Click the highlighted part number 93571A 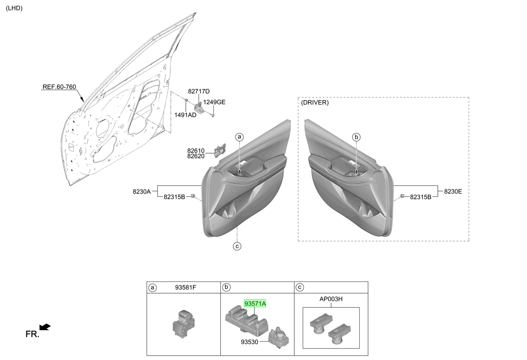pos(255,303)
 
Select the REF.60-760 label pos(59,87)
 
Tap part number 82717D pos(199,91)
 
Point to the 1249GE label pos(214,102)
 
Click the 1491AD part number pos(185,115)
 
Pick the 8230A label pos(141,192)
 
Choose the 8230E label pos(453,191)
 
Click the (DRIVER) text pos(315,103)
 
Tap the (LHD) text pos(14,8)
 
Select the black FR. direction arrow pos(45,327)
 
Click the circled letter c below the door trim pos(237,246)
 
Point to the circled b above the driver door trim pos(356,137)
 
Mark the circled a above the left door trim pos(239,137)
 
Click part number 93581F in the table pos(185,288)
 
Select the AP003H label pos(331,299)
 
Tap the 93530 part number pos(249,342)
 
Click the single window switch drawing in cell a pos(184,324)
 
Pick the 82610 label pos(196,151)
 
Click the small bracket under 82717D pos(198,108)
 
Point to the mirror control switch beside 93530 pos(278,338)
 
